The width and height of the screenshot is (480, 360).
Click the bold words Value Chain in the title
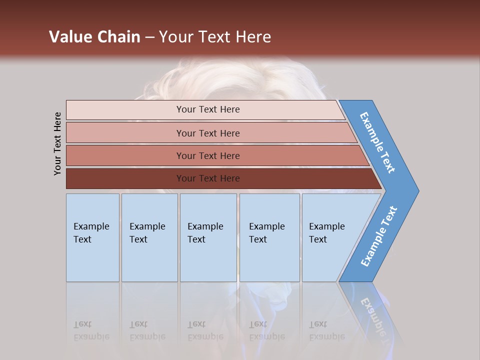(x=94, y=37)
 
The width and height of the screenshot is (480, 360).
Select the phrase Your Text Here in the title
(x=215, y=37)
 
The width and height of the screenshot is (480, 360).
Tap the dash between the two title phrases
(x=149, y=37)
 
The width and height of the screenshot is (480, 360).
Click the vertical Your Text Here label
(x=57, y=143)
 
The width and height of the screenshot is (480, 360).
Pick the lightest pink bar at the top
(x=207, y=109)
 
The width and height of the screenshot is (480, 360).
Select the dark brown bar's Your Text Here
(x=207, y=178)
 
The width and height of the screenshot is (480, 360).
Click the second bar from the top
(x=207, y=133)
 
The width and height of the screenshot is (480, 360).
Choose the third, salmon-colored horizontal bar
(x=207, y=156)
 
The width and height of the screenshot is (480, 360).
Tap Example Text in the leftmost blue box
(x=91, y=233)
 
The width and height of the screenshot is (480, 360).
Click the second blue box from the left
(x=149, y=237)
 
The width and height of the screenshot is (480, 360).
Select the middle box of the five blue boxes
(x=207, y=237)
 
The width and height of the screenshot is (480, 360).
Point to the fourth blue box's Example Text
(x=266, y=233)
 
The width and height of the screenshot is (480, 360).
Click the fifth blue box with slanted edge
(x=330, y=237)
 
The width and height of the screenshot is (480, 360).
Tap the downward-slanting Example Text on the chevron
(x=377, y=142)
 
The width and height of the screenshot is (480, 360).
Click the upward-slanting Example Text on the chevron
(x=378, y=236)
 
